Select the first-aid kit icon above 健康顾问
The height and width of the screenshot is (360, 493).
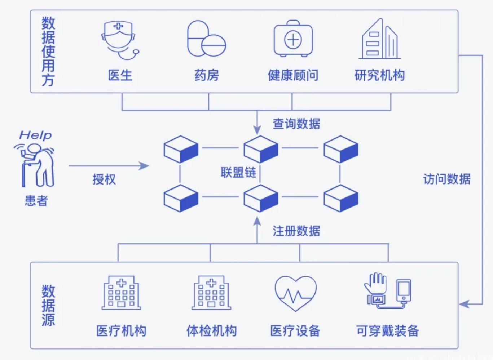(293, 39)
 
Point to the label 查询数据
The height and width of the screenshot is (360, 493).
(296, 124)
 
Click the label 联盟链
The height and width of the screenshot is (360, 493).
(238, 172)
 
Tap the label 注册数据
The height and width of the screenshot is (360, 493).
(296, 231)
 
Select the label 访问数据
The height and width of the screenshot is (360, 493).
(446, 179)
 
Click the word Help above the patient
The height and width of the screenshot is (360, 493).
(35, 135)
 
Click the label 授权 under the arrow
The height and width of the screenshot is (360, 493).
(104, 179)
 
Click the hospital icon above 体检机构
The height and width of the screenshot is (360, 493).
(211, 293)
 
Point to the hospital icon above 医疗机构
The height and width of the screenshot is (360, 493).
(121, 293)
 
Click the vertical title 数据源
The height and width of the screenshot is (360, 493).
(48, 305)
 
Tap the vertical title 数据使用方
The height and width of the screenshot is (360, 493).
(48, 51)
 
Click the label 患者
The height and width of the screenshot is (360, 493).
(36, 200)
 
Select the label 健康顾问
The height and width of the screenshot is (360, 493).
(293, 75)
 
